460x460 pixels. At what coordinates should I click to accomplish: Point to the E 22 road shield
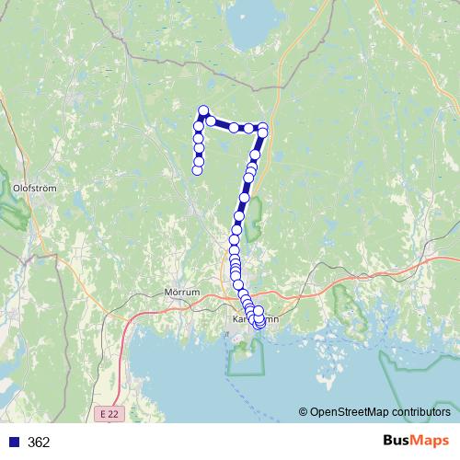click(x=109, y=416)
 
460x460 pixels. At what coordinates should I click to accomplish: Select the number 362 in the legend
click(x=39, y=443)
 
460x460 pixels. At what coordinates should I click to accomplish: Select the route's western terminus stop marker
click(x=197, y=169)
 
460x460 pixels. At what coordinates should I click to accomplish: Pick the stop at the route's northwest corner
click(x=203, y=111)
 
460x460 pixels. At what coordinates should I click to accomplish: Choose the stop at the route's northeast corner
click(x=264, y=127)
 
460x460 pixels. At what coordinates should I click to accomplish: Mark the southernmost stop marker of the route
click(x=259, y=324)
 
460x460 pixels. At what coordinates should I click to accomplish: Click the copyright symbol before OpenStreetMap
click(x=303, y=413)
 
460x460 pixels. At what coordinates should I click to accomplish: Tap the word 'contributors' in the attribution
click(x=420, y=413)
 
